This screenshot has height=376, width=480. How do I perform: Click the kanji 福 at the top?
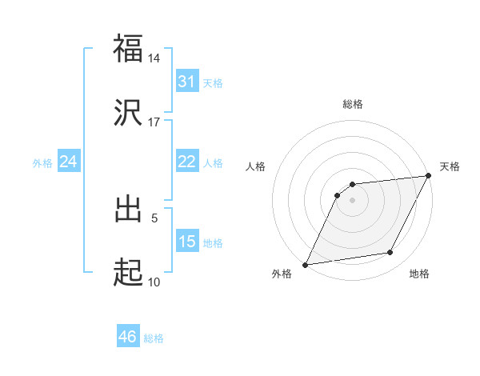128,48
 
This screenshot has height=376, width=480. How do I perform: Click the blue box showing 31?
186,82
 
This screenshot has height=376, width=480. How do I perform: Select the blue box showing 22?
186,162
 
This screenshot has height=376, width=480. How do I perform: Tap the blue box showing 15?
186,242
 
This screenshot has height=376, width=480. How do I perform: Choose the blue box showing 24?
68,162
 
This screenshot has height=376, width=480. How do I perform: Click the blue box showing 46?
127,337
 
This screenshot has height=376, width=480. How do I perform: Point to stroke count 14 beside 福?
154,58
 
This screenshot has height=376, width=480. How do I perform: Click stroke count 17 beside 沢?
154,122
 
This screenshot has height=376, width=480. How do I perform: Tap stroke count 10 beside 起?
154,282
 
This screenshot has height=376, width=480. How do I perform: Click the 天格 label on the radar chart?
450,166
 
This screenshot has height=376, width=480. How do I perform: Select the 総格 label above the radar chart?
353,104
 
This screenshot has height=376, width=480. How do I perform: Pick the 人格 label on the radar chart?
256,166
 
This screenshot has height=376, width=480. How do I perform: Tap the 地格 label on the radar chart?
419,274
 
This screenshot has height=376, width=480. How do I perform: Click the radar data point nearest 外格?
306,265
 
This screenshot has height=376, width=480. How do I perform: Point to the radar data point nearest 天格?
429,175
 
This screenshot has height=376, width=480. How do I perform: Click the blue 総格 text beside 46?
154,338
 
